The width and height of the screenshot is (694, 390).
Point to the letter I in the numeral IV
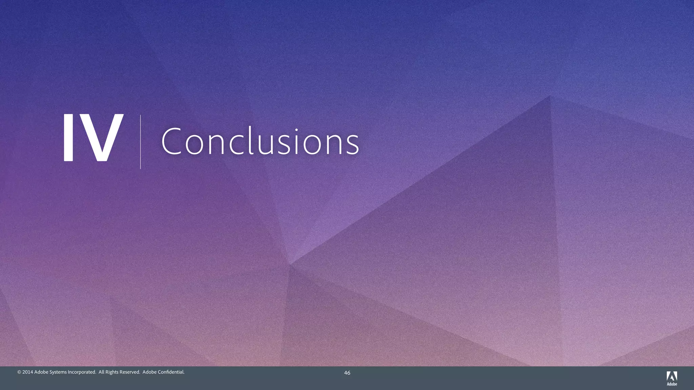68,137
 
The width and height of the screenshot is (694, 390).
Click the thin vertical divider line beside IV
140,142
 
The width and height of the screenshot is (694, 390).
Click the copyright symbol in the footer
19,372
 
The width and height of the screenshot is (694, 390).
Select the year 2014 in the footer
28,372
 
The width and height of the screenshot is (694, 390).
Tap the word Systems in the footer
58,372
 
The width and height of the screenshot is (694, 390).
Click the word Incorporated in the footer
82,372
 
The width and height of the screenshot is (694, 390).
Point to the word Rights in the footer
112,372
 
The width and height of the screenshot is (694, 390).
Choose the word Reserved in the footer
129,372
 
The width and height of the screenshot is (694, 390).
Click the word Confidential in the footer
171,372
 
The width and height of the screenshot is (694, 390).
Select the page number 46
347,373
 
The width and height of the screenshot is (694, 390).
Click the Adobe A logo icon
672,376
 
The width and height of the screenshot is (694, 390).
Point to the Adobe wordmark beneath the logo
672,384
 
